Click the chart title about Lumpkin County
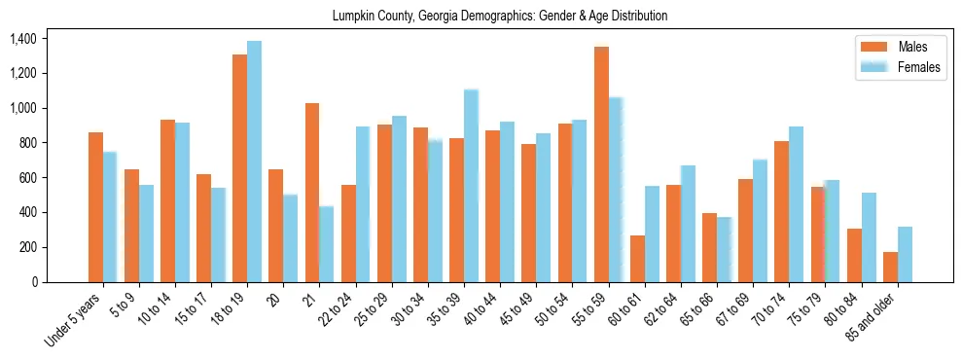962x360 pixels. (500, 16)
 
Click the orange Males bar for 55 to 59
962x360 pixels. (601, 163)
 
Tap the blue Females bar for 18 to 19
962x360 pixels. (254, 161)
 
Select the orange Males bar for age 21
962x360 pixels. (312, 192)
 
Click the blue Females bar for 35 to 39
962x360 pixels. (471, 185)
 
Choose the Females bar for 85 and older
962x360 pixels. (905, 254)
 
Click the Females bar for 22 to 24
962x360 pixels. (362, 203)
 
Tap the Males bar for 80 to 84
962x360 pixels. (854, 255)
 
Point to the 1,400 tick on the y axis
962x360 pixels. (22, 39)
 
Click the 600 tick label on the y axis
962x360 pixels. (26, 178)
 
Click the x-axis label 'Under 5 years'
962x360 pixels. (73, 320)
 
